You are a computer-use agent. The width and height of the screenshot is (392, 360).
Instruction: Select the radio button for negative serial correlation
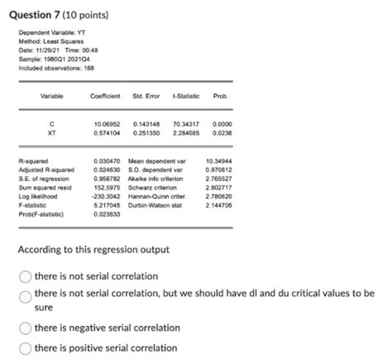point(26,327)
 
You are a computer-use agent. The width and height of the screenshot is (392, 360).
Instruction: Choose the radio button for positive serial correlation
point(26,348)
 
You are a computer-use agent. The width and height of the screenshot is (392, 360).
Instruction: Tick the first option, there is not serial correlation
point(26,275)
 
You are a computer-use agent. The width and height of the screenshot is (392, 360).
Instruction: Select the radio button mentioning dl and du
point(26,295)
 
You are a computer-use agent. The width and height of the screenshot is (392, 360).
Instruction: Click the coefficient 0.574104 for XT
point(108,131)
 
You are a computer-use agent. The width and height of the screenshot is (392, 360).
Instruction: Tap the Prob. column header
point(221,96)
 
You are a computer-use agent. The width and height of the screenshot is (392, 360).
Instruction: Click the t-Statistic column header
point(183,96)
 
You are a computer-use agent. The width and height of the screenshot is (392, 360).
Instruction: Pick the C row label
point(52,123)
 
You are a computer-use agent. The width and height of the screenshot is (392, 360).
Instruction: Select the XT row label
point(52,131)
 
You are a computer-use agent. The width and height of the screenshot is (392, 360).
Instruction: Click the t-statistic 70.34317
point(184,123)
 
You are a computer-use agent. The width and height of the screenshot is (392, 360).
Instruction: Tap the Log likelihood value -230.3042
point(107,196)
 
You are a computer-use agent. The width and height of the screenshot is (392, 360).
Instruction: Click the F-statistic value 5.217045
point(108,204)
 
